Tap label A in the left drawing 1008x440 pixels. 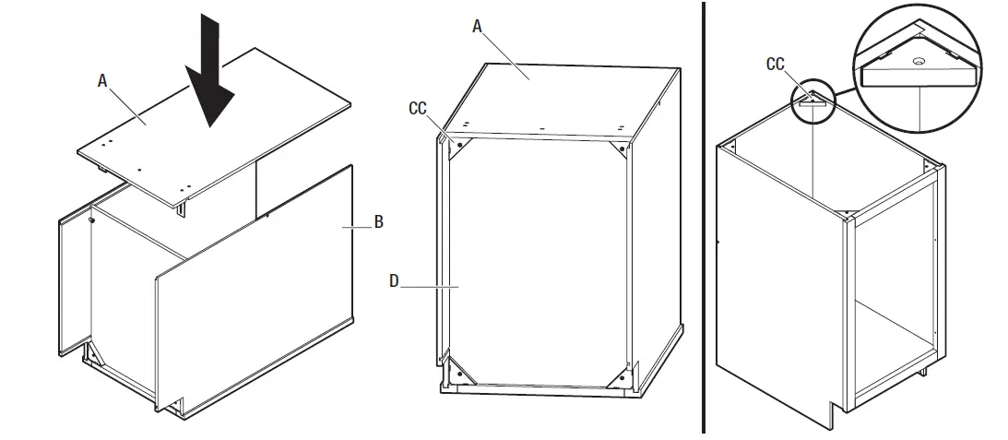pos(103,81)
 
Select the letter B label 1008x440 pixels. pos(379,222)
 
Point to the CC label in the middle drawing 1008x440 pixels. pos(418,108)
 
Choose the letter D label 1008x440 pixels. pos(394,280)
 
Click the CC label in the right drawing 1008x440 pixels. pos(775,64)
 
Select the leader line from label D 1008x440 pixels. pos(429,287)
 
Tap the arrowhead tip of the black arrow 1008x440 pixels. pos(213,125)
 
